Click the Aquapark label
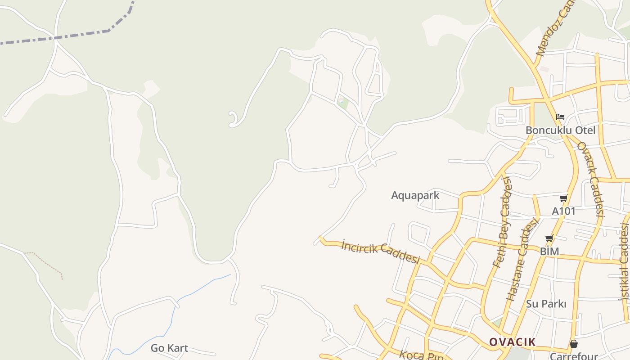point(415,195)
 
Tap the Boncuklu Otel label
point(560,130)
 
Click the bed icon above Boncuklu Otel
point(560,117)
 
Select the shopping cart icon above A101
point(563,198)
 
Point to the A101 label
point(563,211)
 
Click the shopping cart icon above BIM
point(549,238)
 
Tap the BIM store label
point(549,251)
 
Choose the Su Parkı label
point(546,304)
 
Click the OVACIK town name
point(512,342)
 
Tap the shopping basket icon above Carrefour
point(573,344)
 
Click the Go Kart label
point(169,348)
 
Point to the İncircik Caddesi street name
point(381,252)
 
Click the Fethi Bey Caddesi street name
point(503,222)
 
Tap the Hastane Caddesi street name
point(522,259)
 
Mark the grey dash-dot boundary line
point(81,34)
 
